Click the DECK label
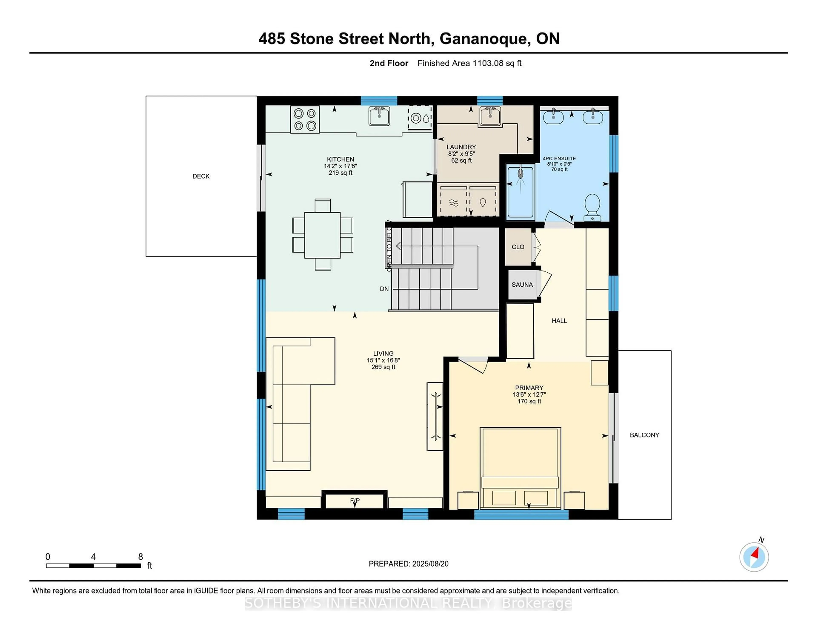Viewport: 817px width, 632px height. point(201,176)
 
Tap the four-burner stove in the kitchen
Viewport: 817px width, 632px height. point(305,119)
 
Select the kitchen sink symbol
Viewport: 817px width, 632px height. point(379,116)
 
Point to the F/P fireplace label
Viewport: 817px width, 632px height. point(355,501)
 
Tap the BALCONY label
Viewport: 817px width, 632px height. point(644,435)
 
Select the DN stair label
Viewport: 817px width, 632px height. point(384,289)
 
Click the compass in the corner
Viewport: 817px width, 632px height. point(754,557)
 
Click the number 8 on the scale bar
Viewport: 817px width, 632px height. point(141,557)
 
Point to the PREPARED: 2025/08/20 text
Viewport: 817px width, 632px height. point(408,564)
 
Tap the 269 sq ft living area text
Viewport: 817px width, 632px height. point(383,367)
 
